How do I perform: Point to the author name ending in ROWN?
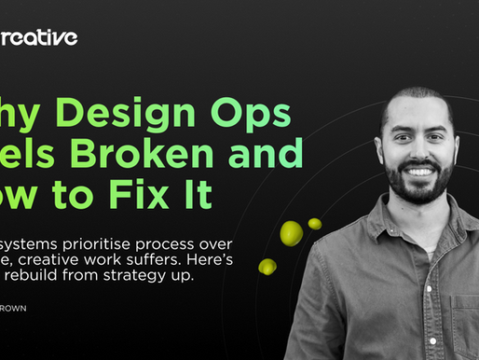(x=14, y=303)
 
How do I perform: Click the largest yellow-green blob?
(x=290, y=233)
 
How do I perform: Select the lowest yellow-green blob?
(x=267, y=266)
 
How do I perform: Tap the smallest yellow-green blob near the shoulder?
(x=315, y=224)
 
